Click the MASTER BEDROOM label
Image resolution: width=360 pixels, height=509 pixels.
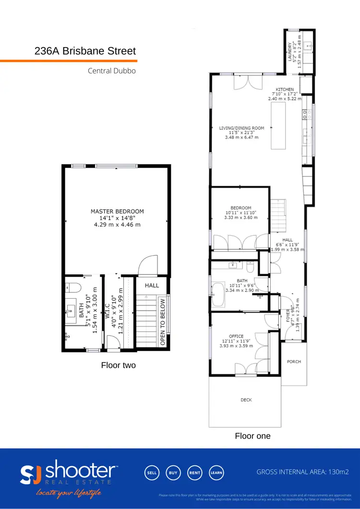[x=117, y=211]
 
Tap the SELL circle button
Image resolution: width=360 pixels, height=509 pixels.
[x=152, y=473]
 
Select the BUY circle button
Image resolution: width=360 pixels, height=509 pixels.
[x=173, y=473]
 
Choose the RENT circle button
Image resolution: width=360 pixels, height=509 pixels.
[x=194, y=473]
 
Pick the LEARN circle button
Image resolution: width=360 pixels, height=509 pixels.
[x=216, y=473]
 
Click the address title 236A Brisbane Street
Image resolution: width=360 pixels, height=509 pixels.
[x=85, y=51]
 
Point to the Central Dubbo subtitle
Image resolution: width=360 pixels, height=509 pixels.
[x=112, y=71]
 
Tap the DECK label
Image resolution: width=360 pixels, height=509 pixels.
[x=246, y=400]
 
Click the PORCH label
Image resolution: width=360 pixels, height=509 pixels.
[x=294, y=362]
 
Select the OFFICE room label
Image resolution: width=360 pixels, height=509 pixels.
[x=236, y=336]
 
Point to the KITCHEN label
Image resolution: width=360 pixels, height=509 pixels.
[x=284, y=90]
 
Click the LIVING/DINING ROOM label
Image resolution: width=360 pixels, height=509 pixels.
[x=241, y=128]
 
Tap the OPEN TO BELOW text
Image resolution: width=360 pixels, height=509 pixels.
[x=163, y=322]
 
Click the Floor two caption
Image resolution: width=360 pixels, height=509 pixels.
[x=118, y=365]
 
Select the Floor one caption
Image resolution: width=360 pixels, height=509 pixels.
[x=252, y=436]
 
